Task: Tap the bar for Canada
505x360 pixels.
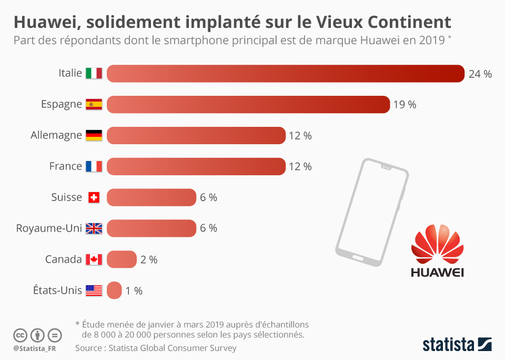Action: [x=122, y=259]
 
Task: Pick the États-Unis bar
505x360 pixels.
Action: [x=114, y=291]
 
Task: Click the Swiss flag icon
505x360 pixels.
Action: [x=94, y=197]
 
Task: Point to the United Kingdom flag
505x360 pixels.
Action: [x=94, y=228]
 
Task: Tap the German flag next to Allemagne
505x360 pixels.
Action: [x=94, y=135]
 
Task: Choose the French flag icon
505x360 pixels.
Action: [x=94, y=166]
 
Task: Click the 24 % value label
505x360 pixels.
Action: [x=480, y=74]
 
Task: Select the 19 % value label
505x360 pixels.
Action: [x=405, y=105]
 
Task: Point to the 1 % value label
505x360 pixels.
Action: [x=134, y=291]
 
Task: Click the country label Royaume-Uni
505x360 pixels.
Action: [x=49, y=228]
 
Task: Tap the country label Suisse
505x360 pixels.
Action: [x=67, y=197]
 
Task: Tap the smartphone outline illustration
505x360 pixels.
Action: [x=371, y=211]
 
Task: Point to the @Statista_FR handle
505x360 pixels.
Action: [x=35, y=348]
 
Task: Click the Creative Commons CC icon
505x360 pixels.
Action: [x=21, y=335]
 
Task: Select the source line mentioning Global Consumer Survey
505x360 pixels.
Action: [x=156, y=348]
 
